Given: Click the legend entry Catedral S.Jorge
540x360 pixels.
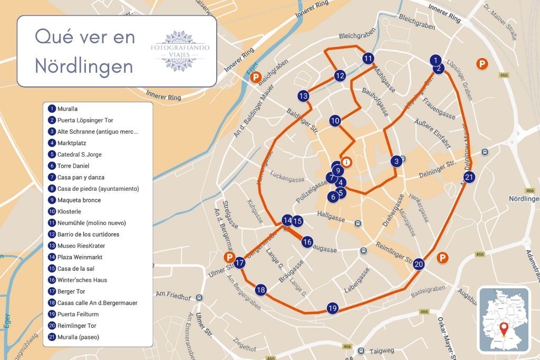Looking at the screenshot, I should click(79, 154).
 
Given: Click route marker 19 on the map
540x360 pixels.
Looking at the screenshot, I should click(332, 308).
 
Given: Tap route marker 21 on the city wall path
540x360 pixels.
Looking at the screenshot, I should click(469, 177).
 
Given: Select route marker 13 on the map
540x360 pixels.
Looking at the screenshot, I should click(303, 96).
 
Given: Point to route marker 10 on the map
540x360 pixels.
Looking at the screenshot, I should click(335, 121).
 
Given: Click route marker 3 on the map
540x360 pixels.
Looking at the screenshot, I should click(396, 161).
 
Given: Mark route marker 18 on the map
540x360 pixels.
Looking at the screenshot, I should click(261, 289).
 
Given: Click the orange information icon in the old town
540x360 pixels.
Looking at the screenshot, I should click(346, 162).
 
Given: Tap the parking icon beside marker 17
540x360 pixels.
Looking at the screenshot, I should click(229, 257).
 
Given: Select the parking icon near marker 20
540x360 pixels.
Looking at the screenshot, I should click(443, 258).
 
